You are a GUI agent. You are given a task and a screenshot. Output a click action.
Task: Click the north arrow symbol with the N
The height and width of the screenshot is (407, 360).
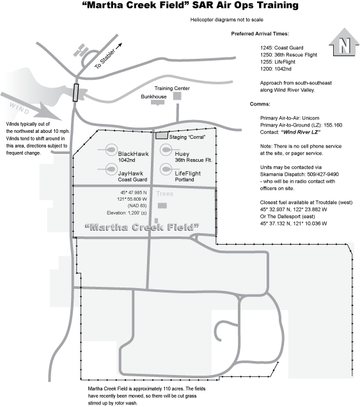tap(344, 42)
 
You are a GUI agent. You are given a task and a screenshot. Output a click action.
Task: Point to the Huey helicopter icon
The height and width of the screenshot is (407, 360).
tap(166, 150)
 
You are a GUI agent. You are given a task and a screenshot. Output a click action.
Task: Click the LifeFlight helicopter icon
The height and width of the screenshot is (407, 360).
tap(166, 169)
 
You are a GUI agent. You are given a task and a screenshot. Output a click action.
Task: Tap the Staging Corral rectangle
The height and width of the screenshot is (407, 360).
tap(162, 135)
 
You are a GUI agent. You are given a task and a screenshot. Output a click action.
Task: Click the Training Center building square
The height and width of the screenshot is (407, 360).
tap(177, 96)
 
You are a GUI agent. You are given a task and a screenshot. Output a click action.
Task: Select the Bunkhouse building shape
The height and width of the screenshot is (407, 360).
tap(158, 102)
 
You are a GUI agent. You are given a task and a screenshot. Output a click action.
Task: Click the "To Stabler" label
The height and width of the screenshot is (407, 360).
tap(105, 59)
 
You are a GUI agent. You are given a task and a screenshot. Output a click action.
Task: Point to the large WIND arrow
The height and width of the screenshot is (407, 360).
tap(31, 107)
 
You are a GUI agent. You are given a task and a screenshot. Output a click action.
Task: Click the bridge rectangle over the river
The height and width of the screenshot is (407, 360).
tap(75, 93)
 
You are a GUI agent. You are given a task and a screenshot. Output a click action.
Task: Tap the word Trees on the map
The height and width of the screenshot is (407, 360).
tap(165, 194)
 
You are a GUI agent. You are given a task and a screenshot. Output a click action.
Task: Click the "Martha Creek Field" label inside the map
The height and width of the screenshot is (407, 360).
tap(142, 227)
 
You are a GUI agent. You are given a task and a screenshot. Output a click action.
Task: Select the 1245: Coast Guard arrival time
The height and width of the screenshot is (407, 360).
tap(281, 48)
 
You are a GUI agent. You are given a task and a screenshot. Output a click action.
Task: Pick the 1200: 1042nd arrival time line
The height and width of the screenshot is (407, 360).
tap(276, 69)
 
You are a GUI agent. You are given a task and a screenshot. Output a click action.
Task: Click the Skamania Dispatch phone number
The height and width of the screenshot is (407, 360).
tap(323, 174)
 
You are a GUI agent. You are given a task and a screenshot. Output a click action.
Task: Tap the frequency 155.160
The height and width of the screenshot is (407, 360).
tap(333, 125)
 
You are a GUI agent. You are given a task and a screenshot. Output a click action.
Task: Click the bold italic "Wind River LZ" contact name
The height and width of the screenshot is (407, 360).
tap(301, 132)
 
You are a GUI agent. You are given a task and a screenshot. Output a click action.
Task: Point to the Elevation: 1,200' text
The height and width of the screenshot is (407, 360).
tap(127, 213)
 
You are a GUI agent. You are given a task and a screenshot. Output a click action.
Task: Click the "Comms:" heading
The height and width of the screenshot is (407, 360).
tap(260, 104)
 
